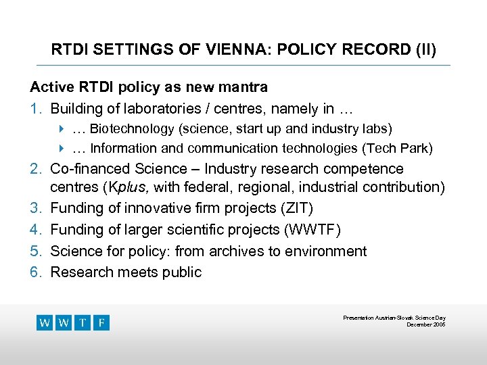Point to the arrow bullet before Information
pyautogui.click(x=62, y=148)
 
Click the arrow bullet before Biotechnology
pyautogui.click(x=62, y=128)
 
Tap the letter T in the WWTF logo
pyautogui.click(x=83, y=322)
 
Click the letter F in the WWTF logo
pyautogui.click(x=101, y=322)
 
